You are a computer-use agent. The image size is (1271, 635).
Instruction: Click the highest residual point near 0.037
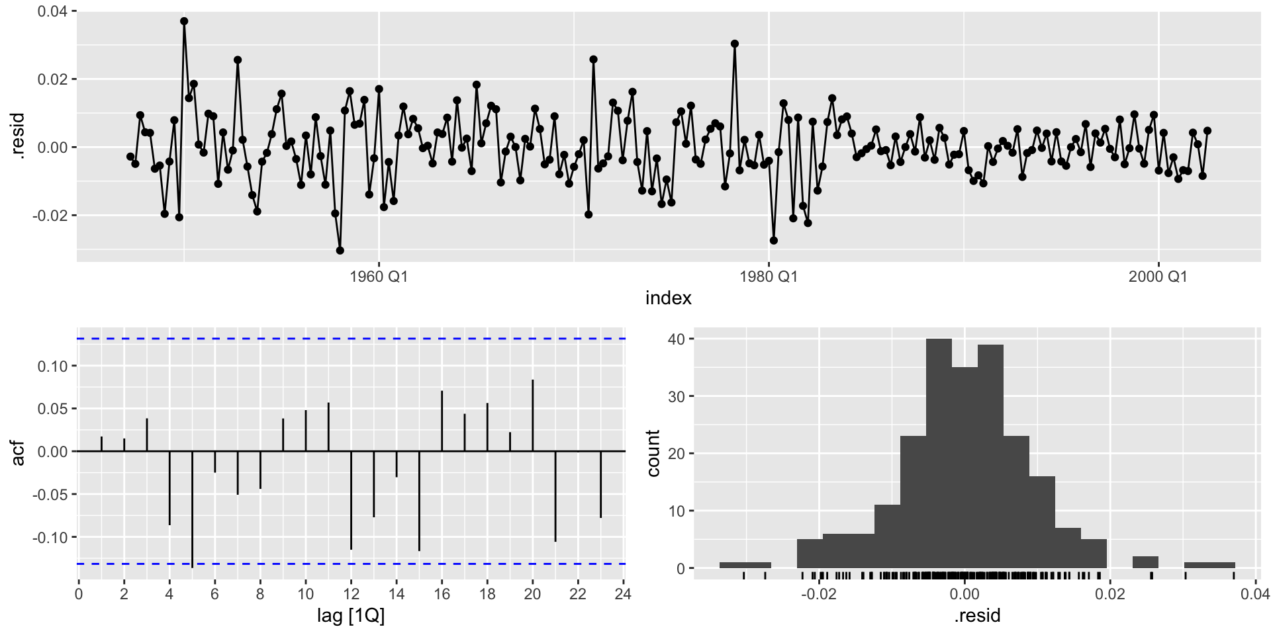[184, 21]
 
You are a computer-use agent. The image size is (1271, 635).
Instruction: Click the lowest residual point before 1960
[340, 251]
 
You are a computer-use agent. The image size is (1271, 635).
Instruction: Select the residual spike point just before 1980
[734, 44]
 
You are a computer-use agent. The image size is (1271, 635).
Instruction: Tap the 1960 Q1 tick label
[379, 276]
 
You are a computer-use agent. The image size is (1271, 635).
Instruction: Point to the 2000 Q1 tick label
[1158, 276]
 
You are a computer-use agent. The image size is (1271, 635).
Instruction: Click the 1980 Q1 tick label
[769, 276]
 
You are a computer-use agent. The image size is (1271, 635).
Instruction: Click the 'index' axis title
[668, 298]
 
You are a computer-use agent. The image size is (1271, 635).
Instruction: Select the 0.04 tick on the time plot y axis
[52, 12]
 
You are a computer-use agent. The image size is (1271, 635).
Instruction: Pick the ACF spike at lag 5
[192, 509]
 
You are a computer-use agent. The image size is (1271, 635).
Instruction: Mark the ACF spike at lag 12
[351, 500]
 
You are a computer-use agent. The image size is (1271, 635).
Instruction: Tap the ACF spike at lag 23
[600, 484]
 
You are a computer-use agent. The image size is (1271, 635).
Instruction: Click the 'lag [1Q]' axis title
[350, 616]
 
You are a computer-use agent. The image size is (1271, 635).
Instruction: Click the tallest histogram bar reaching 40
[939, 453]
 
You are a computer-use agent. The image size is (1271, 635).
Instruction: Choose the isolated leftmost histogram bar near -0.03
[745, 565]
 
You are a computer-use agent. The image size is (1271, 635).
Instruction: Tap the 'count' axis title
[653, 453]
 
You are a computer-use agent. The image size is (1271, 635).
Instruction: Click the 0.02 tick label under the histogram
[1109, 594]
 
